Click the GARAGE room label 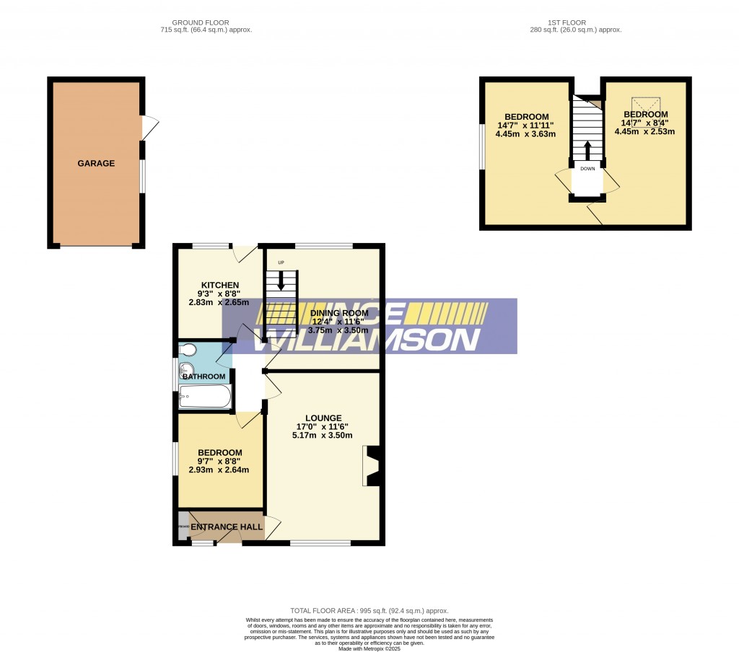(96, 164)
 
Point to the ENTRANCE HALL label (227, 527)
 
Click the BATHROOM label (204, 376)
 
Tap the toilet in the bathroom (188, 351)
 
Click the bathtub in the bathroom (205, 396)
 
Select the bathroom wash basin (185, 371)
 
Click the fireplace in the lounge (372, 467)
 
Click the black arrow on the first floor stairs (587, 150)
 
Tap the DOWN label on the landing (587, 169)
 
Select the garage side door (149, 128)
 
